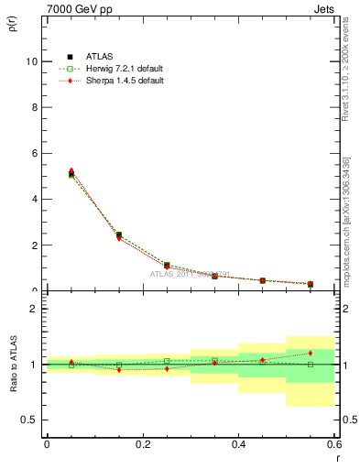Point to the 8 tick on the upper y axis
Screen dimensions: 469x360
click(x=32, y=107)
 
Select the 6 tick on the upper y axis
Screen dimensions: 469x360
click(x=32, y=153)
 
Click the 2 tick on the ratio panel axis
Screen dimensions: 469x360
click(x=32, y=309)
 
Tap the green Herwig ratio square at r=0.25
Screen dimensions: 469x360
click(x=167, y=361)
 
